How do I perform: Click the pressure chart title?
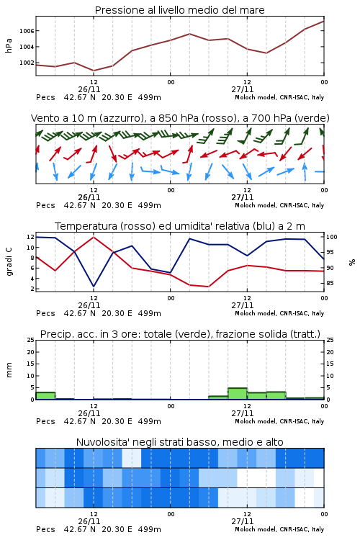coord(179,10)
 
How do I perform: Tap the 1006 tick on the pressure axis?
coord(27,31)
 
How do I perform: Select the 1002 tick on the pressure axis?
coord(27,63)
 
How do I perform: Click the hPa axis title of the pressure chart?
coord(9,45)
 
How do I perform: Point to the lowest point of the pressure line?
coord(94,71)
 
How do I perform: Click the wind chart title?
coord(180,118)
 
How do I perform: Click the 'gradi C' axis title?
coord(9,262)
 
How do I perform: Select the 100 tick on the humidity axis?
coord(332,237)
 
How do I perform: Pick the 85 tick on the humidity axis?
coord(330,283)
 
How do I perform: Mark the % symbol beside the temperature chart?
coord(352,262)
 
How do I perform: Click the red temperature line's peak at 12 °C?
coord(94,237)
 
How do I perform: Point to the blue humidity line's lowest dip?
coord(94,286)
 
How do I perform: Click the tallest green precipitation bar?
coord(238,394)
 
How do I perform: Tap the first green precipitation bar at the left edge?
coord(45,396)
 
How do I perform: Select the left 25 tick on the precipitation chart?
coord(31,340)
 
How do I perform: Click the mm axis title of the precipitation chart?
coord(9,370)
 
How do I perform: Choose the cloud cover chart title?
coord(179,442)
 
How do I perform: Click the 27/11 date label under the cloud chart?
coord(243,521)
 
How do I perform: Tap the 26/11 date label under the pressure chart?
coord(89,89)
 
